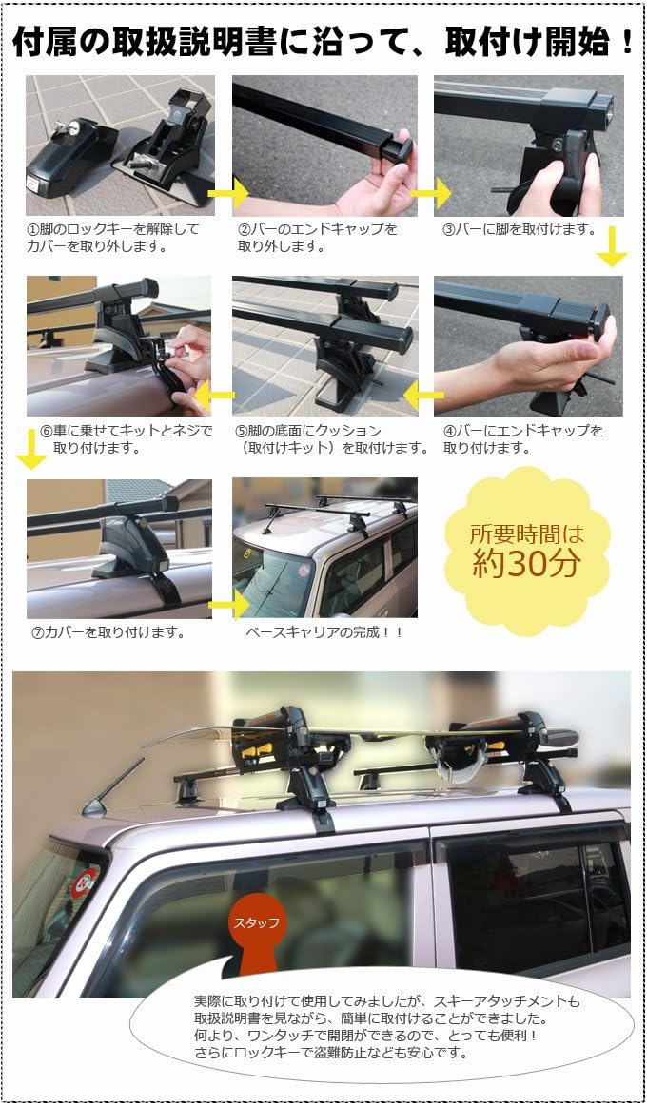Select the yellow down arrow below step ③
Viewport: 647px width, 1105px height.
click(x=612, y=251)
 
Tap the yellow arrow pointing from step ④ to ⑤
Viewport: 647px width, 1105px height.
click(x=423, y=393)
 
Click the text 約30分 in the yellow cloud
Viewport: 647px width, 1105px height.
click(x=526, y=563)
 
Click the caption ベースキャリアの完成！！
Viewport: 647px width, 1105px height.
click(x=324, y=631)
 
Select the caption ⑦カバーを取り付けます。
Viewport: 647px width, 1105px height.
click(x=108, y=631)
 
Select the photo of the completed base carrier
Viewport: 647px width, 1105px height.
click(x=324, y=547)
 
